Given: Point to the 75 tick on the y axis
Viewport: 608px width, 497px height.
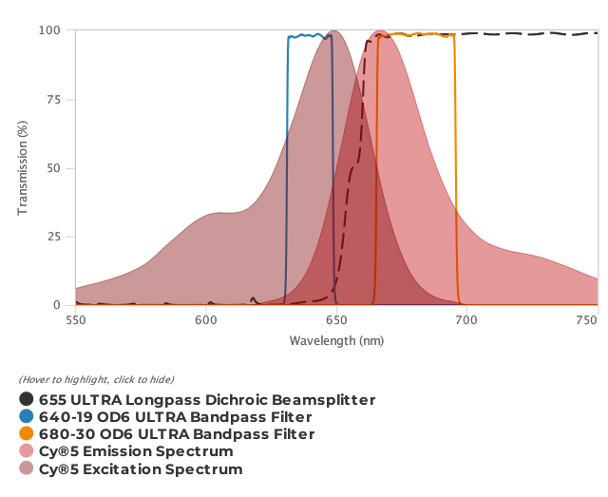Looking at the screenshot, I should click(55, 100).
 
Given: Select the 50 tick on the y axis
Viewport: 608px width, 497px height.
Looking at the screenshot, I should click(55, 168).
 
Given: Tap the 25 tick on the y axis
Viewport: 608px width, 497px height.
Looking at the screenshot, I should click(55, 237).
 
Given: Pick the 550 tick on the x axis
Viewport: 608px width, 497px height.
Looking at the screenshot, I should click(75, 320).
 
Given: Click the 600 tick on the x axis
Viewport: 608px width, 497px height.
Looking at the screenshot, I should click(205, 320).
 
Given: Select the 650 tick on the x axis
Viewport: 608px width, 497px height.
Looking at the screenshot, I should click(335, 320).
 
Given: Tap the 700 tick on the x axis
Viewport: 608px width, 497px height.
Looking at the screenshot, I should click(465, 320).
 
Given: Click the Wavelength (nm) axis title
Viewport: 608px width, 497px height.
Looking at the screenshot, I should click(336, 340).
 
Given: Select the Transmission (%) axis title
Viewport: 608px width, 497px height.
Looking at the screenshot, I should click(23, 168).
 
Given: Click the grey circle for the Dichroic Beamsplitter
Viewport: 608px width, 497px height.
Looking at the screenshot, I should click(27, 400).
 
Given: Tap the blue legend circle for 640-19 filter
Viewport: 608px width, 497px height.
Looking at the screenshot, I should click(27, 417).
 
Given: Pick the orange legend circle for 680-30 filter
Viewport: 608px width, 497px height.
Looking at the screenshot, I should click(27, 434).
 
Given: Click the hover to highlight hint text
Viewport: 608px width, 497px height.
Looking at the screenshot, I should click(96, 380).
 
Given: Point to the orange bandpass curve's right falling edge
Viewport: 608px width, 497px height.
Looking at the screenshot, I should click(456, 171).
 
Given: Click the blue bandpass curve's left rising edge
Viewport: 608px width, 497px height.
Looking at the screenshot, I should click(287, 171).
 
